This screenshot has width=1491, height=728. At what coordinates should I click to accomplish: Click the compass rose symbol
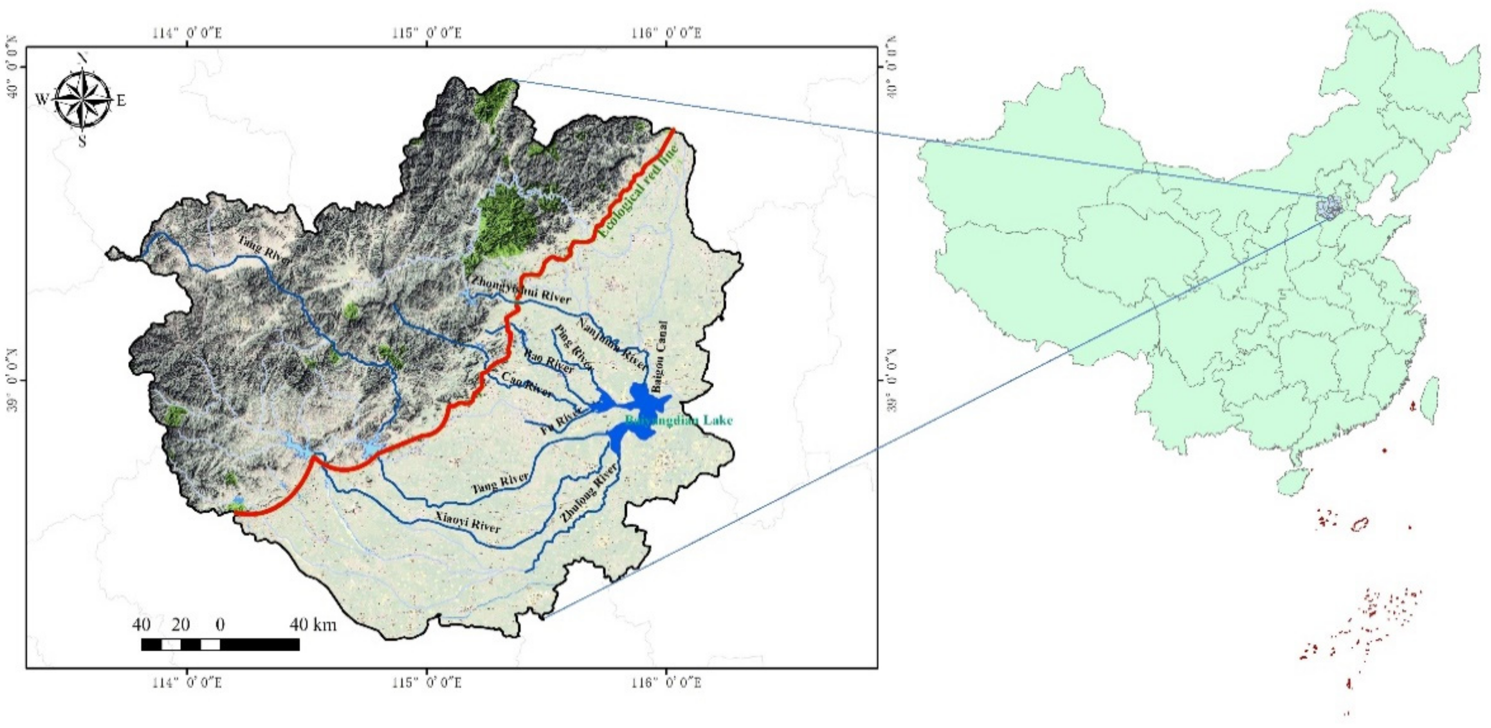point(83,100)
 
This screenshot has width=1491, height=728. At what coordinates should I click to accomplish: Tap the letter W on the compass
point(42,99)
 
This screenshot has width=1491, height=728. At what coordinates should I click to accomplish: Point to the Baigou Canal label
point(660,357)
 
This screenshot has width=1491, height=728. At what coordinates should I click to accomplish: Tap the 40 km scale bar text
point(313,625)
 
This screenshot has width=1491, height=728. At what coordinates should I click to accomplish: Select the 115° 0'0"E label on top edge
point(427,33)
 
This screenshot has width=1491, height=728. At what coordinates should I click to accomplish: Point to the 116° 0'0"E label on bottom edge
point(667,683)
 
